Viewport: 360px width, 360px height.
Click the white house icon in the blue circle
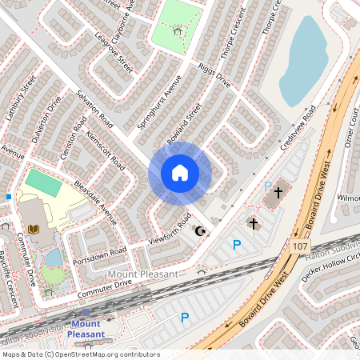(180, 172)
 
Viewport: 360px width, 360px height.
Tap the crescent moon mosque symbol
(200, 232)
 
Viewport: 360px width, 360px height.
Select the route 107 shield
(299, 246)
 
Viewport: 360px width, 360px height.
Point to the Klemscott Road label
(106, 150)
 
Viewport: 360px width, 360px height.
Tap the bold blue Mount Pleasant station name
(86, 329)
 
